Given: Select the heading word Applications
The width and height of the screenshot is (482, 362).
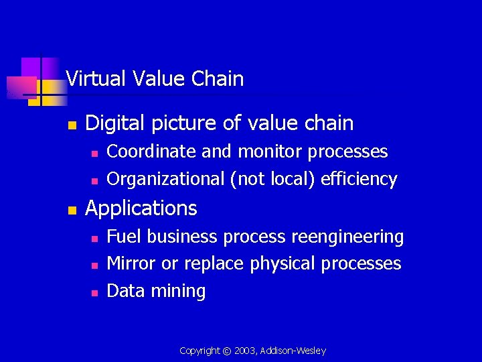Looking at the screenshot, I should click(141, 208).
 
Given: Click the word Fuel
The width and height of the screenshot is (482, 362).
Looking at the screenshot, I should click(125, 237).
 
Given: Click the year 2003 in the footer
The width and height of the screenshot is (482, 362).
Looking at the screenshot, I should click(244, 351).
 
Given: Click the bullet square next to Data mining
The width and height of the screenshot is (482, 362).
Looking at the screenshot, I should click(94, 292).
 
